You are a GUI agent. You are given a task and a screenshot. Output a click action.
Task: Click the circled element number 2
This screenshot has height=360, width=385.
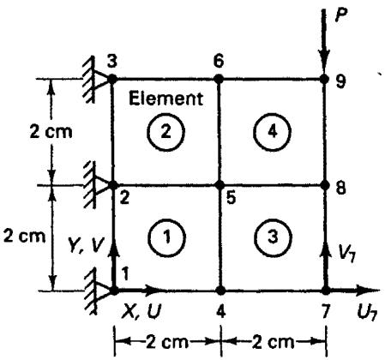[166, 132]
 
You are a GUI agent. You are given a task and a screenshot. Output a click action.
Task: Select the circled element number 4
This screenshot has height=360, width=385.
[272, 132]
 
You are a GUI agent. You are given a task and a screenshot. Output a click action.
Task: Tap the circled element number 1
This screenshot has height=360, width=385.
[167, 237]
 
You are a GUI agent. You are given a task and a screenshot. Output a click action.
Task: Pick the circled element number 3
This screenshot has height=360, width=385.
[273, 237]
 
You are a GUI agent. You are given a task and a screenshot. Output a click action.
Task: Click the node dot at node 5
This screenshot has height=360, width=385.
[220, 185]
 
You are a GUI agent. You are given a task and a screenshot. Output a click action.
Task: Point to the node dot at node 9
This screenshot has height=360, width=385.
[324, 78]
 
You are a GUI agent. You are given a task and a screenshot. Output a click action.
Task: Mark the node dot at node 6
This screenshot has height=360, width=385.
[219, 79]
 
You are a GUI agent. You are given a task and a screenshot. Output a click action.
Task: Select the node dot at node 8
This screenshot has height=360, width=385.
[325, 185]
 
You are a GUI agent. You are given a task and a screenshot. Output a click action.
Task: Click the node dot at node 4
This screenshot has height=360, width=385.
[220, 291]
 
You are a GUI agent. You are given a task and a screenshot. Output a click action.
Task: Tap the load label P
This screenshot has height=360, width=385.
[341, 15]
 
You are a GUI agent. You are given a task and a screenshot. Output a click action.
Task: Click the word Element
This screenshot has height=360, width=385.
[165, 99]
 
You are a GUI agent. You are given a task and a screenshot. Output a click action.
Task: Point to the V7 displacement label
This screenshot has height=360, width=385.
[346, 252]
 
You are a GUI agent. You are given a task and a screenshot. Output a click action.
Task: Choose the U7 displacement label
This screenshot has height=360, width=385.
[367, 312]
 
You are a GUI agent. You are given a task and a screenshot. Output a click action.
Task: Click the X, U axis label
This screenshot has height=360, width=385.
[141, 311]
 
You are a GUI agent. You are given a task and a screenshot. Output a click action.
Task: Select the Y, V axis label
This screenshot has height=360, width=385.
[84, 245]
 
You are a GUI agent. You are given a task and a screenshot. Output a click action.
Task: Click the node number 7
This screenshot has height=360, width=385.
[326, 311]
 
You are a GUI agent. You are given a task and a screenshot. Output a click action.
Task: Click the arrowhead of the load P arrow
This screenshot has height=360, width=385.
[324, 61]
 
